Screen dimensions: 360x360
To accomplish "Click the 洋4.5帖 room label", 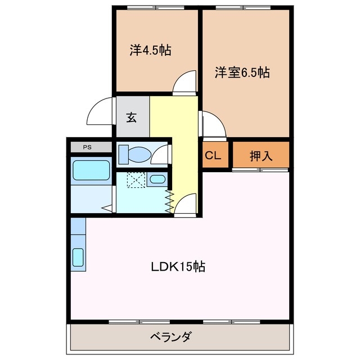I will coord(150,51).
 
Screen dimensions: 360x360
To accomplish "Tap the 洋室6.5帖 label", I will coord(242,73).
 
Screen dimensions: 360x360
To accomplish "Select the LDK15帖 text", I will coord(177,267).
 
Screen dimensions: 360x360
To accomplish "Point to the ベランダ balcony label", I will coord(171,337).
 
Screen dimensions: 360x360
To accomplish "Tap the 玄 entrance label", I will coord(132,117).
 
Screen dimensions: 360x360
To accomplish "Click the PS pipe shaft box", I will coord(87,147).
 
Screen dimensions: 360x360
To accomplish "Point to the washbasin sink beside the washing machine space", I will coord(159,180).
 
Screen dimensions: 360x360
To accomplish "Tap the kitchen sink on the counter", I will coord(78,257).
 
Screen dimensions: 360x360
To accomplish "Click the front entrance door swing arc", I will coord(102,110).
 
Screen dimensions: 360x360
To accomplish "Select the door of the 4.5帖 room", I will coord(184,83).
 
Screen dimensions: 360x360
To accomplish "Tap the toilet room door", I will coord(162,154).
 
